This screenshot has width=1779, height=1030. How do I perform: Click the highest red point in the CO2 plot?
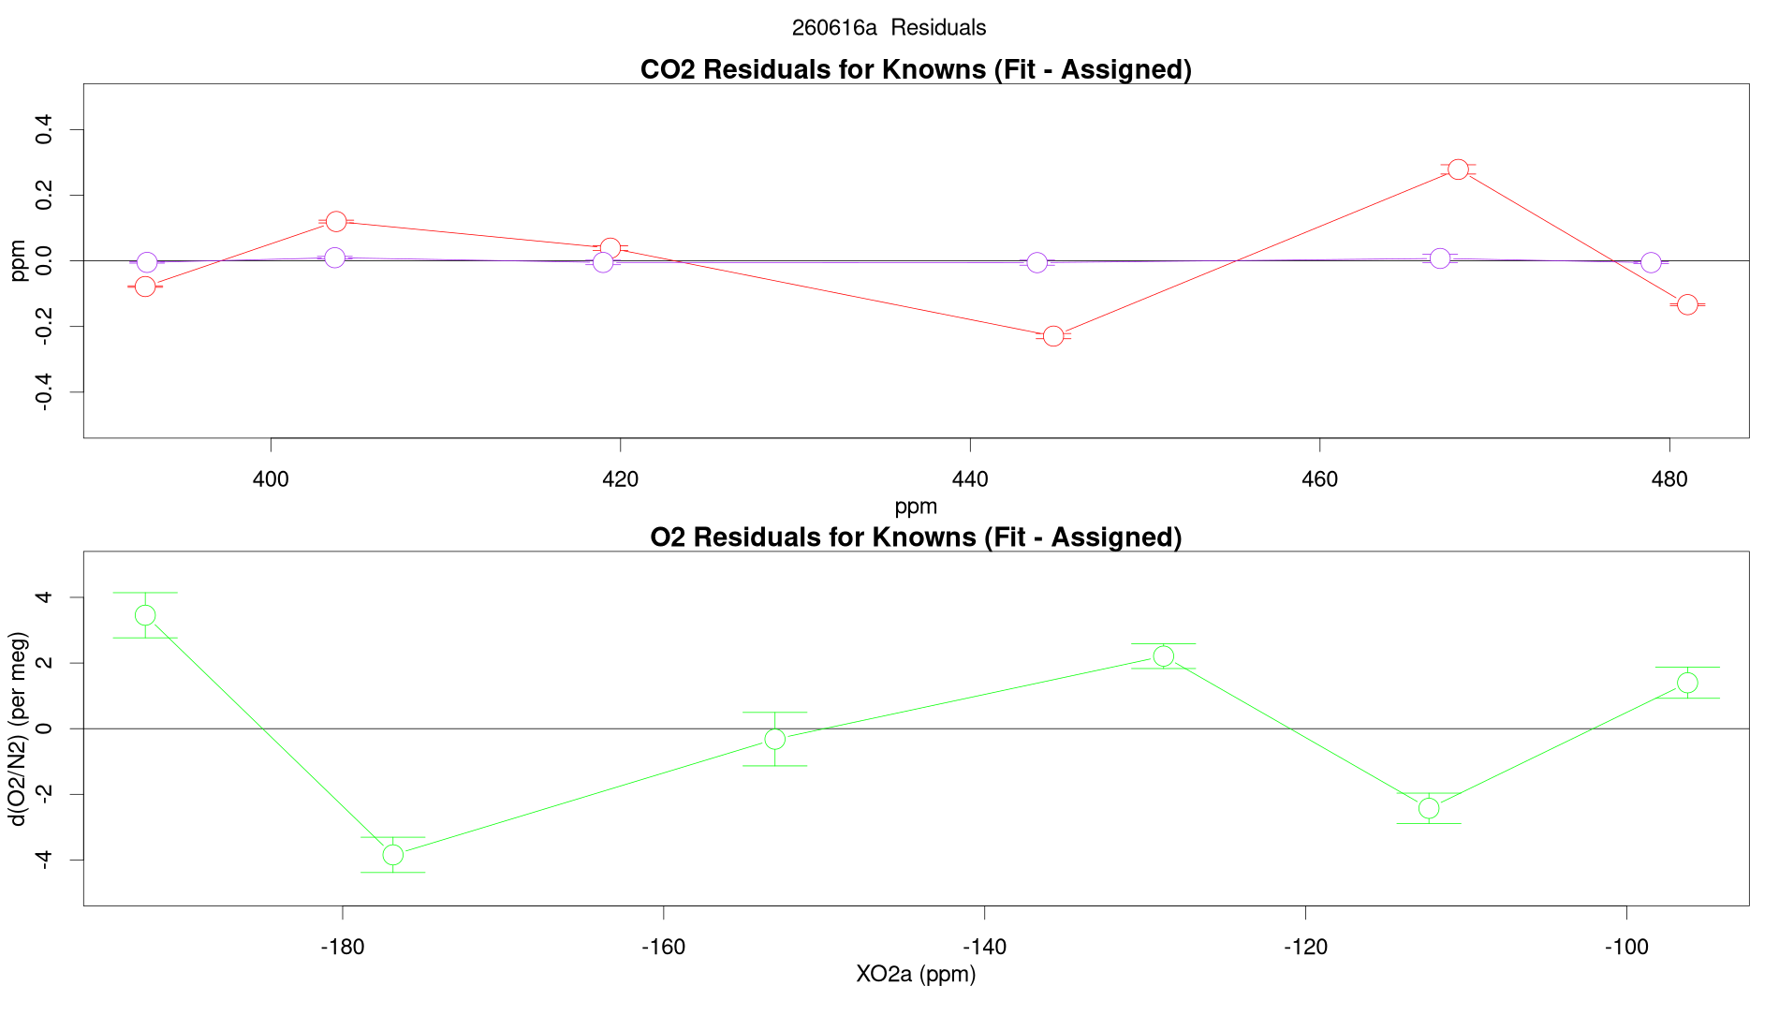click(1458, 169)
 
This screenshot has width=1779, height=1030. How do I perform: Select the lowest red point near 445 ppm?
click(1053, 335)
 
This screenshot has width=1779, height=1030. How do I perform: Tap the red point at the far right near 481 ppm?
click(1687, 304)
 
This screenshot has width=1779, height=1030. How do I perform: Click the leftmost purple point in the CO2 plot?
click(147, 262)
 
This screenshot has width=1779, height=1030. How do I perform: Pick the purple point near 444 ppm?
click(1037, 262)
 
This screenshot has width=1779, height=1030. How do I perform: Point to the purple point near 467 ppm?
click(1440, 258)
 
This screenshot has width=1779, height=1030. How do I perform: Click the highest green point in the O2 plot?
click(145, 615)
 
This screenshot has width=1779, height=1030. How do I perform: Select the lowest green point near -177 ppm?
click(393, 855)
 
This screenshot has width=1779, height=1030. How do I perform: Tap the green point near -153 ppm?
click(774, 739)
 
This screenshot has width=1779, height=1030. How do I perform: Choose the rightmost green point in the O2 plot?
click(1687, 683)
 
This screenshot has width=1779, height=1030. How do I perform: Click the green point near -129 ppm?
click(1163, 655)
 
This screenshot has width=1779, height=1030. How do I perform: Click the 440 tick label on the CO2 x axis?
click(970, 480)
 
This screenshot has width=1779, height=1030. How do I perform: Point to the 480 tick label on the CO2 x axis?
click(1669, 480)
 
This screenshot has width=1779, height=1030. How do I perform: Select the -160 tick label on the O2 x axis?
click(663, 948)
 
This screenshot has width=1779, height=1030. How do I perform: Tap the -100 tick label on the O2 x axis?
click(1626, 948)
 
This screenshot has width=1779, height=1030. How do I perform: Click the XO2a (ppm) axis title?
click(916, 975)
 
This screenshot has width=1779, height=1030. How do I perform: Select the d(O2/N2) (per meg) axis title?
click(19, 729)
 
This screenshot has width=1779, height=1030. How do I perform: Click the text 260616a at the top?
click(834, 28)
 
